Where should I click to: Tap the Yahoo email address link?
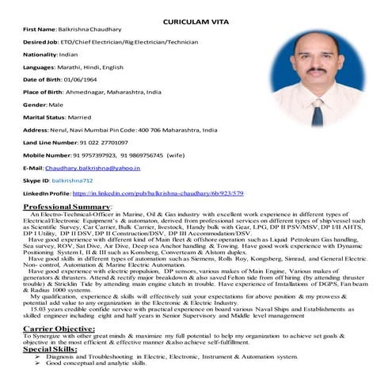[93, 168]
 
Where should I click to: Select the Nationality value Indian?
[70, 54]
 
